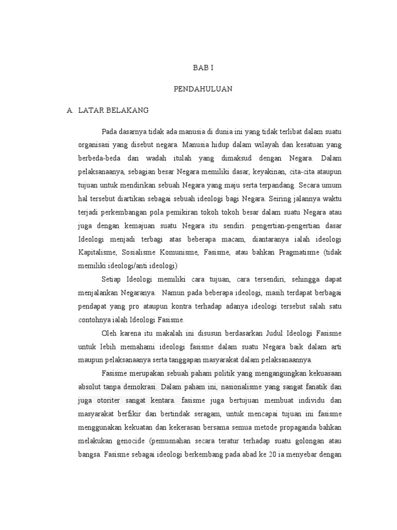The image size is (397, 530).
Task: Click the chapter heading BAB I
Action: tap(203, 68)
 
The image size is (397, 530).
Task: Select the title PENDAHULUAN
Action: tap(203, 89)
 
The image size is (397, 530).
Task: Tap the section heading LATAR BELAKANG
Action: tap(113, 110)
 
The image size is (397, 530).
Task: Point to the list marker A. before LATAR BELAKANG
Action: tap(70, 110)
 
